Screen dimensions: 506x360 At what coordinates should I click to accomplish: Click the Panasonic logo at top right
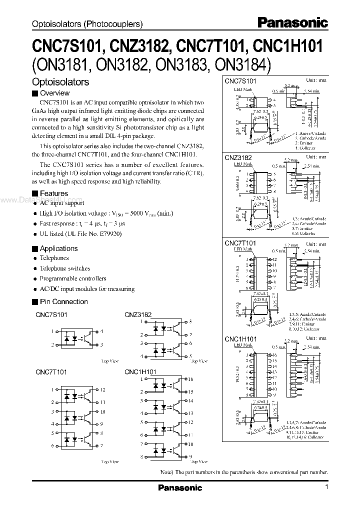coord(293,22)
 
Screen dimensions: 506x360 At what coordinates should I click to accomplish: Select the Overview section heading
coord(54,93)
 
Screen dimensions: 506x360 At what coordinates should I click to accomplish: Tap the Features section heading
coord(53,193)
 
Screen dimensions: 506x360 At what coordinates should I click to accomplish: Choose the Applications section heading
coord(58,248)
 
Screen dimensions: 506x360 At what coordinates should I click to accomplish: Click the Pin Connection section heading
coord(63,301)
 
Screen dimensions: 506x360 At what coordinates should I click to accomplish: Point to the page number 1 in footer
coord(326,487)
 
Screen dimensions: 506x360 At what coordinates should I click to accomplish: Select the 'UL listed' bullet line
coord(80,233)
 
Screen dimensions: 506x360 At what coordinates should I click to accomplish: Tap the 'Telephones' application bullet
coord(54,258)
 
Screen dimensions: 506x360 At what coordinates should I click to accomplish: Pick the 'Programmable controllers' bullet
coord(73,278)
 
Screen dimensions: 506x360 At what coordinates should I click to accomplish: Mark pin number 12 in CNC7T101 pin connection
coord(102,389)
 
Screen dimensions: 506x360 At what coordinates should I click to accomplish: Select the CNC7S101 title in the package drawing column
coord(240,80)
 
